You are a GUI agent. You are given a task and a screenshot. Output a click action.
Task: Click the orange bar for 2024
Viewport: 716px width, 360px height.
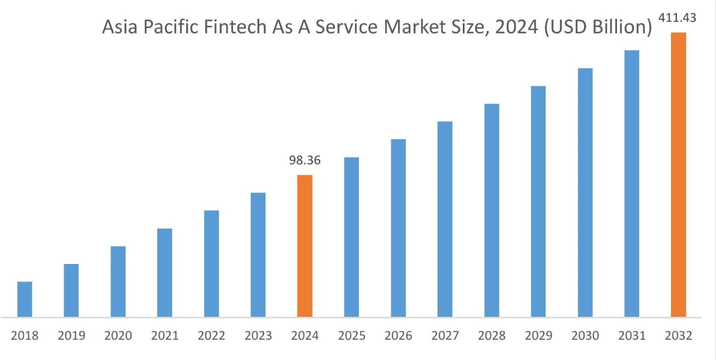[305, 246]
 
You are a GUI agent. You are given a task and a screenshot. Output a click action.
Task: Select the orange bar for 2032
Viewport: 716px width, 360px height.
[678, 175]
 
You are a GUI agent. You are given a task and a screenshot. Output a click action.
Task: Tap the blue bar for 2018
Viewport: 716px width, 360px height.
[25, 299]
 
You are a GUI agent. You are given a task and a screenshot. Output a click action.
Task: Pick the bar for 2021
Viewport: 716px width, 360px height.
[164, 272]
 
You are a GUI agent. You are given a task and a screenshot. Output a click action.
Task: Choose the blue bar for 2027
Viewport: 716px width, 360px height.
[445, 219]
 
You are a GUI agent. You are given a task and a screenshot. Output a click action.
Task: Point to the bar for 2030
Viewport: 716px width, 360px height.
[585, 193]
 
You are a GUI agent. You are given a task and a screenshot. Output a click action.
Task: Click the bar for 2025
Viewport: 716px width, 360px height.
[351, 237]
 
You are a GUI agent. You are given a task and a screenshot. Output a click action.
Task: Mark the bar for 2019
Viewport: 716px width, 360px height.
[71, 290]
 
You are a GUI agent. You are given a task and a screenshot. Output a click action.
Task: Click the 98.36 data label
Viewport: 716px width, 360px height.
[304, 161]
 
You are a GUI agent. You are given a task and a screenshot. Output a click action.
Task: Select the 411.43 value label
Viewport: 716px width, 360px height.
[678, 18]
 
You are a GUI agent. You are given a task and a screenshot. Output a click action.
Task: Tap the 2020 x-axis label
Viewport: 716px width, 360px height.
[118, 336]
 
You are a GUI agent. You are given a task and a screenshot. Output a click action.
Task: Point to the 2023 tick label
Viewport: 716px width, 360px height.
[258, 336]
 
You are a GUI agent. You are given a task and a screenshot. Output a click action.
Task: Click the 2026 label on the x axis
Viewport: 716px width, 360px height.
[398, 336]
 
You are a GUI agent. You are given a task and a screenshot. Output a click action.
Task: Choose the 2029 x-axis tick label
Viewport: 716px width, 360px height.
[538, 336]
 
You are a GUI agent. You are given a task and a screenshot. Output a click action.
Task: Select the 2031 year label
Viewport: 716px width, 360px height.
[631, 336]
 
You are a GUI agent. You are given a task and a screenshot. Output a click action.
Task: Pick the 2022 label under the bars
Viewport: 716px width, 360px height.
[211, 336]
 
